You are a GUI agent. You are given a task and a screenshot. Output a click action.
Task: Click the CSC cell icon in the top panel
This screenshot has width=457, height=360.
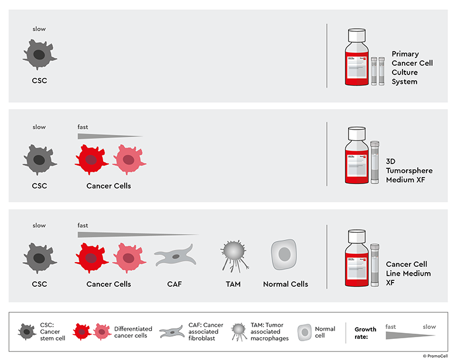(x=39, y=56)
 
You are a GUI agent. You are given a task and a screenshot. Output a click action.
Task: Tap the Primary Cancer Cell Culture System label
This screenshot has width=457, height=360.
(x=412, y=67)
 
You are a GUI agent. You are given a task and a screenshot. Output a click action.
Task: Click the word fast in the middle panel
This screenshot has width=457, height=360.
(x=83, y=127)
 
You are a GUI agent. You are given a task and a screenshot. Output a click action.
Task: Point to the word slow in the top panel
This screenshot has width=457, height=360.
(x=39, y=29)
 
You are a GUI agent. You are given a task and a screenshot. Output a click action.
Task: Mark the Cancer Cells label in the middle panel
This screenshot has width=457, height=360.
(x=108, y=186)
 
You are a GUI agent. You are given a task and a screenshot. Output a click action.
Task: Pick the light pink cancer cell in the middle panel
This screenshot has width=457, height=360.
(x=128, y=159)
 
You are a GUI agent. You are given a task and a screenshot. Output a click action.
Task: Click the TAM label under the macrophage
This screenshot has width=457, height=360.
(x=233, y=284)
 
